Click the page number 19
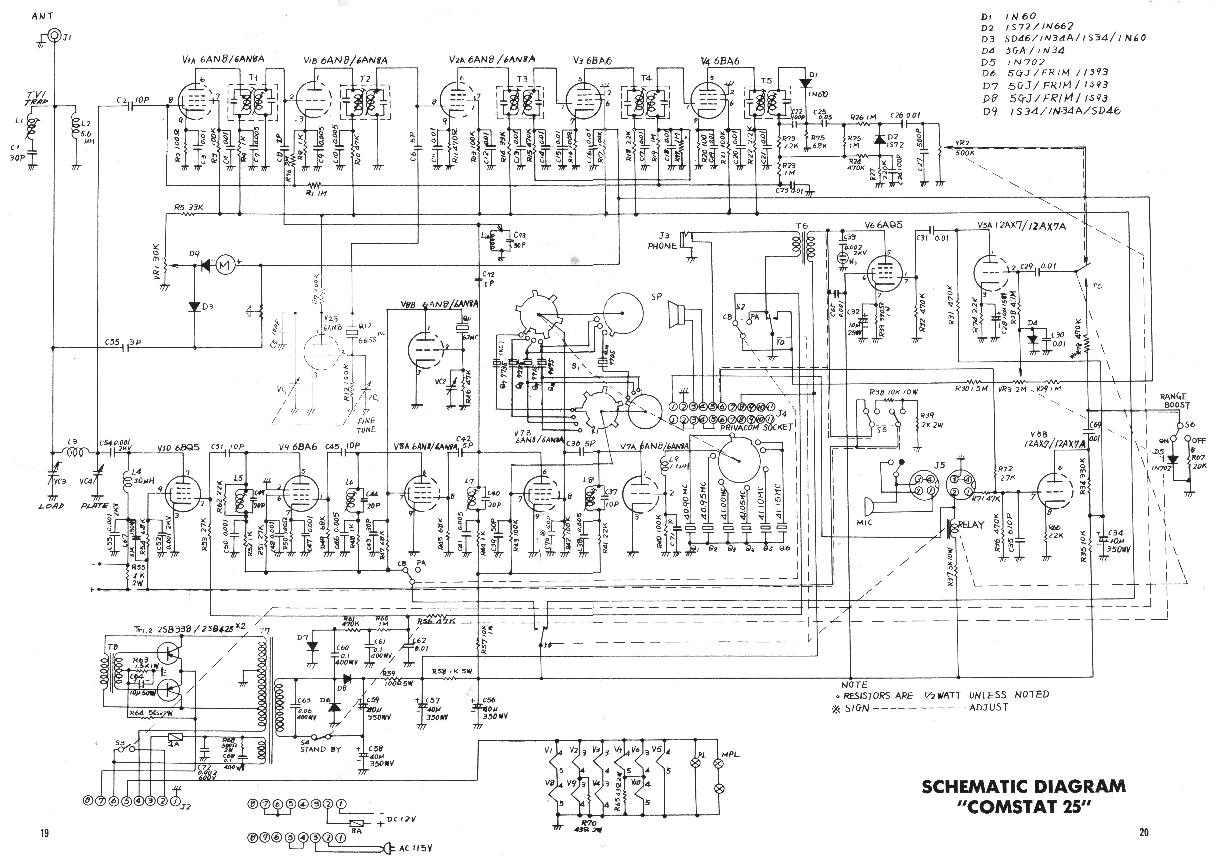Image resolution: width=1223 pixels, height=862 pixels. pos(44,832)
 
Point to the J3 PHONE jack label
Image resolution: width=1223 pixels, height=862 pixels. pos(662,241)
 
